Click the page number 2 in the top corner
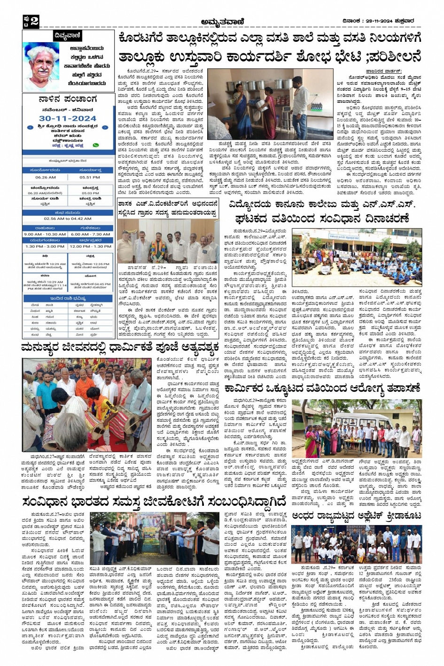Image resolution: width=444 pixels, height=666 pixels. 33,21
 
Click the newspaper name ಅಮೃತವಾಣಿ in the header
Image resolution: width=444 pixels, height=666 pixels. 222,22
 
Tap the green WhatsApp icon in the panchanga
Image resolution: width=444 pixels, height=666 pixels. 96,146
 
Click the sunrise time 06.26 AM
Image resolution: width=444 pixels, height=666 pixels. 45,178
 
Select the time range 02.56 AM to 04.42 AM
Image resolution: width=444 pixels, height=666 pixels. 68,218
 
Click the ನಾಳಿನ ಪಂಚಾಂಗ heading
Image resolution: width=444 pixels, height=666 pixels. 68,100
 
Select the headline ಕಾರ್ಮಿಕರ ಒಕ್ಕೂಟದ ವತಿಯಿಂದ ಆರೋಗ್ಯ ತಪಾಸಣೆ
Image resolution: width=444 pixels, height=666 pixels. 322,388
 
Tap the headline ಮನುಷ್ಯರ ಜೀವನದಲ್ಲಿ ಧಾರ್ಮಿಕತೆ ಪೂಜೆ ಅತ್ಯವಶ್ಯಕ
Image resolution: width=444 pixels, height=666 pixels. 120,349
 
